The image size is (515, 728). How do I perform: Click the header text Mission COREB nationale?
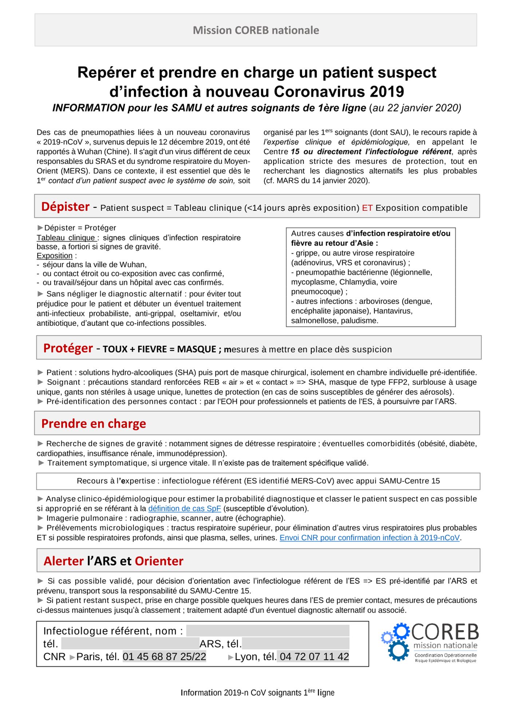pos(256,30)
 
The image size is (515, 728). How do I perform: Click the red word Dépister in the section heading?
pos(65,207)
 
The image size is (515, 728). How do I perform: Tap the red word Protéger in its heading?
pos(68,348)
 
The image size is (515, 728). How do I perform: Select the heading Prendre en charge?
pos(94,424)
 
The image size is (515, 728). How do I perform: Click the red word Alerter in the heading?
pos(64,561)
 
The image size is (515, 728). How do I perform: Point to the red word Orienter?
pos(159,561)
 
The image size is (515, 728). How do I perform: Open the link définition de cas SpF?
pos(185,509)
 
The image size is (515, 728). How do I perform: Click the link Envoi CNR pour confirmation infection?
pos(370,538)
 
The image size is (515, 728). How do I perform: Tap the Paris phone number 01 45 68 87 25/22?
pos(165,657)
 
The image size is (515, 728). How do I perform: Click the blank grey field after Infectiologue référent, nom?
pos(268,631)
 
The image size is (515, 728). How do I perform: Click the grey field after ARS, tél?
pos(296,644)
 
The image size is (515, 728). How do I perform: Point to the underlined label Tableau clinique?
pos(66,238)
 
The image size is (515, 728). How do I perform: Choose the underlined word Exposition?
pos(55,256)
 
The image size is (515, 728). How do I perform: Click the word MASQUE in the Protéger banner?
pos(197,349)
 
